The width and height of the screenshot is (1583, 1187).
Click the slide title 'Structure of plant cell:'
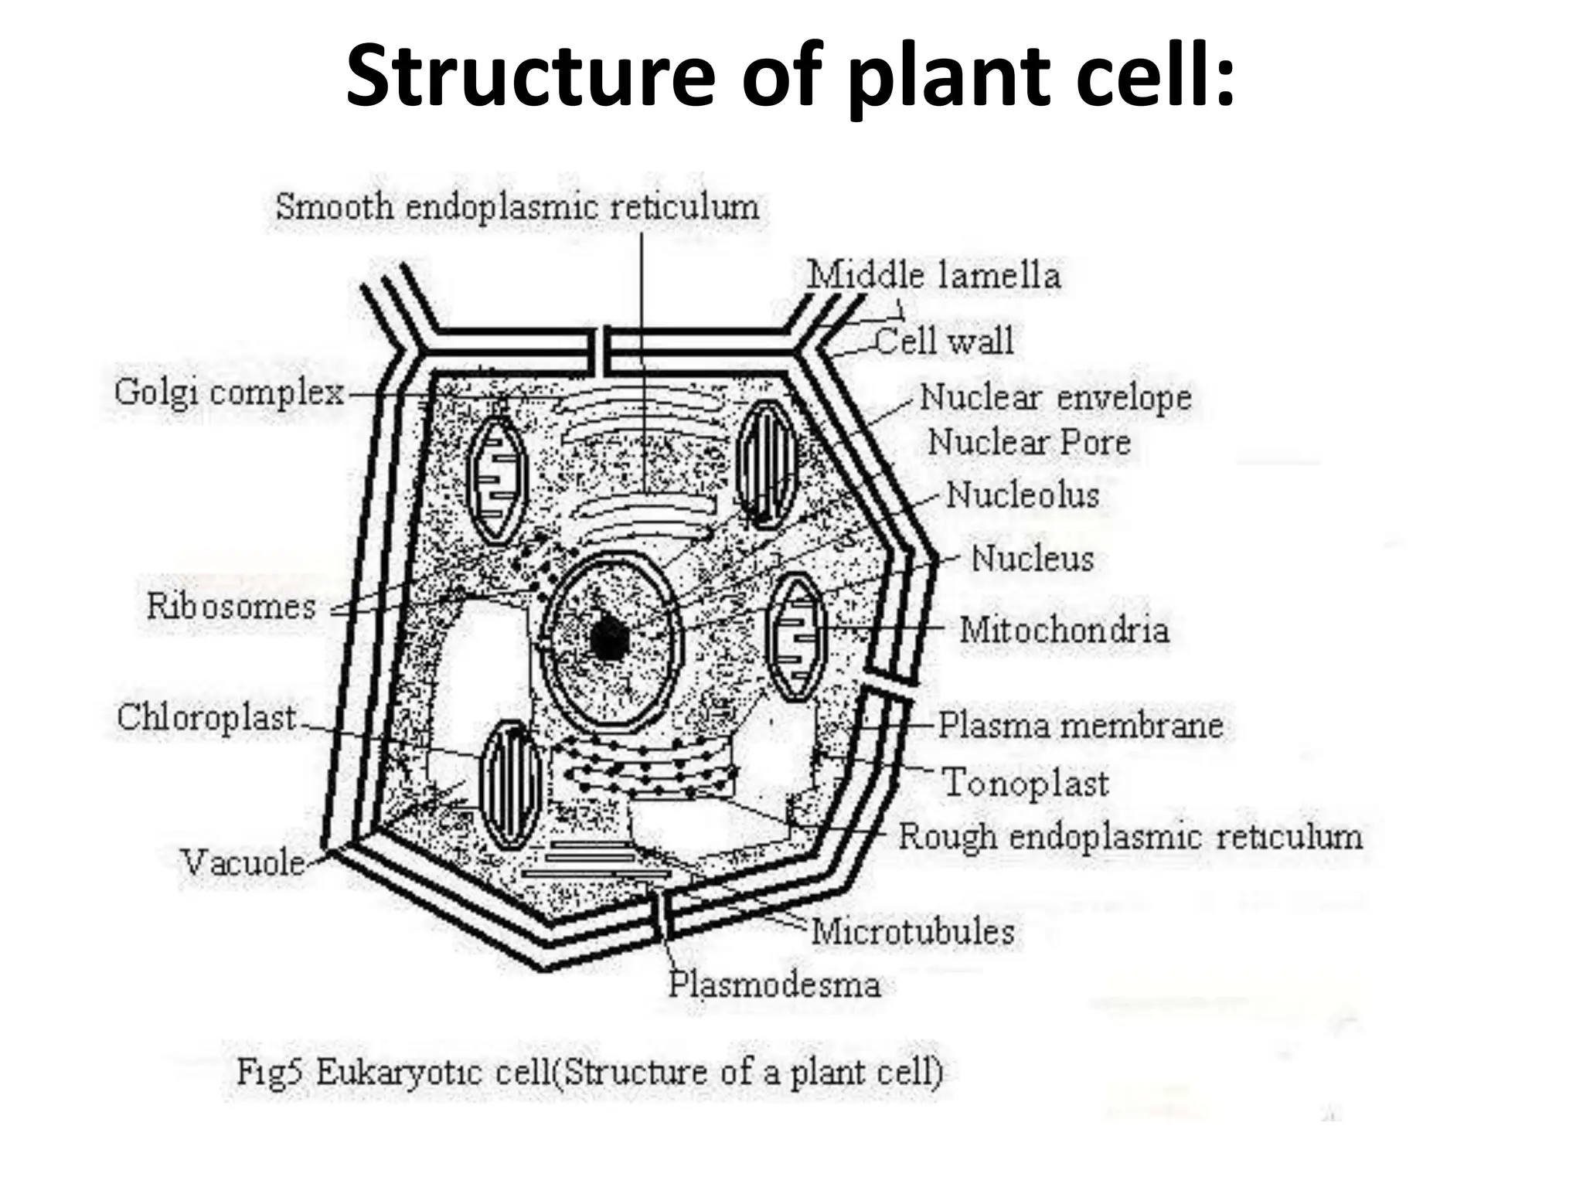coord(790,76)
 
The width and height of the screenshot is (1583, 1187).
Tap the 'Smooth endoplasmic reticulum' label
coord(517,207)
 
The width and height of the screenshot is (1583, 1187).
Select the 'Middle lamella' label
coord(933,276)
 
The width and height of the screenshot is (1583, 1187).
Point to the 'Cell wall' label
coord(944,341)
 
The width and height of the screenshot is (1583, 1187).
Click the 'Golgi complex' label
coord(229,393)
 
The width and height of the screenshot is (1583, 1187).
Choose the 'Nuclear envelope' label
coord(1055,398)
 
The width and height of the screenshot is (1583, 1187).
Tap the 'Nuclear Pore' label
coord(1029,443)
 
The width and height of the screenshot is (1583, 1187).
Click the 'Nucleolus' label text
coord(1022,495)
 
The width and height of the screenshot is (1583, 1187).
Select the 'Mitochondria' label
coord(1064,630)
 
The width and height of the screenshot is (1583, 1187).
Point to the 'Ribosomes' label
coord(231,607)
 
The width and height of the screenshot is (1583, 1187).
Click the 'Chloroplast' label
coord(206,718)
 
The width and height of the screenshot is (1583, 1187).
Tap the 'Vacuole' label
coord(243,862)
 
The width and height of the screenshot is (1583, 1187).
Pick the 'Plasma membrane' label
coord(1080,726)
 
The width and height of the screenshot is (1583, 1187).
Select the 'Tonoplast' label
coord(1026,783)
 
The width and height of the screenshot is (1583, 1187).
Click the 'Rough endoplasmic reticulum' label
coord(1130,837)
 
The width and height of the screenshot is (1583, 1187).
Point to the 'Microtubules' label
coord(912,932)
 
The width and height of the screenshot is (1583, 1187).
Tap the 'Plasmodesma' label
coord(774,985)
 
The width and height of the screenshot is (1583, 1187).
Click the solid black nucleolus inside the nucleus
coord(609,638)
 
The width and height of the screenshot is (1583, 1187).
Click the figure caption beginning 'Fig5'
coord(590,1073)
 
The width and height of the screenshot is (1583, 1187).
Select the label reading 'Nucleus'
coord(1032,559)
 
